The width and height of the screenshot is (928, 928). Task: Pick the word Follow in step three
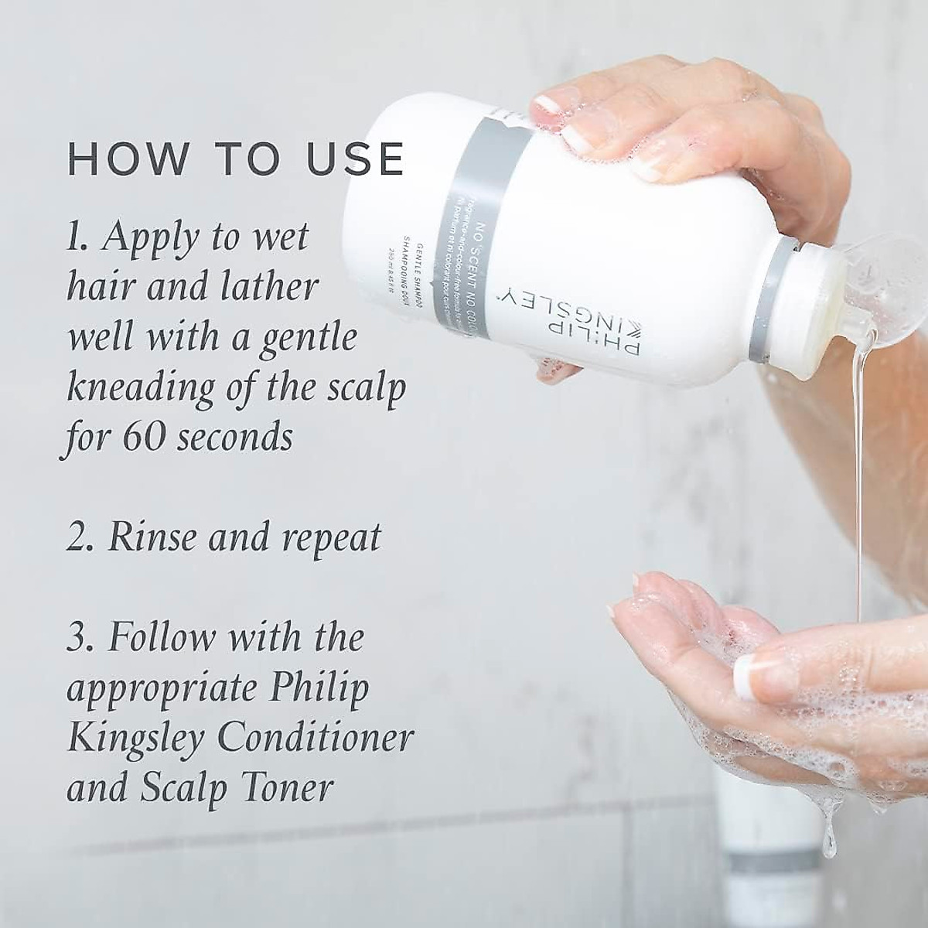(x=161, y=639)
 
